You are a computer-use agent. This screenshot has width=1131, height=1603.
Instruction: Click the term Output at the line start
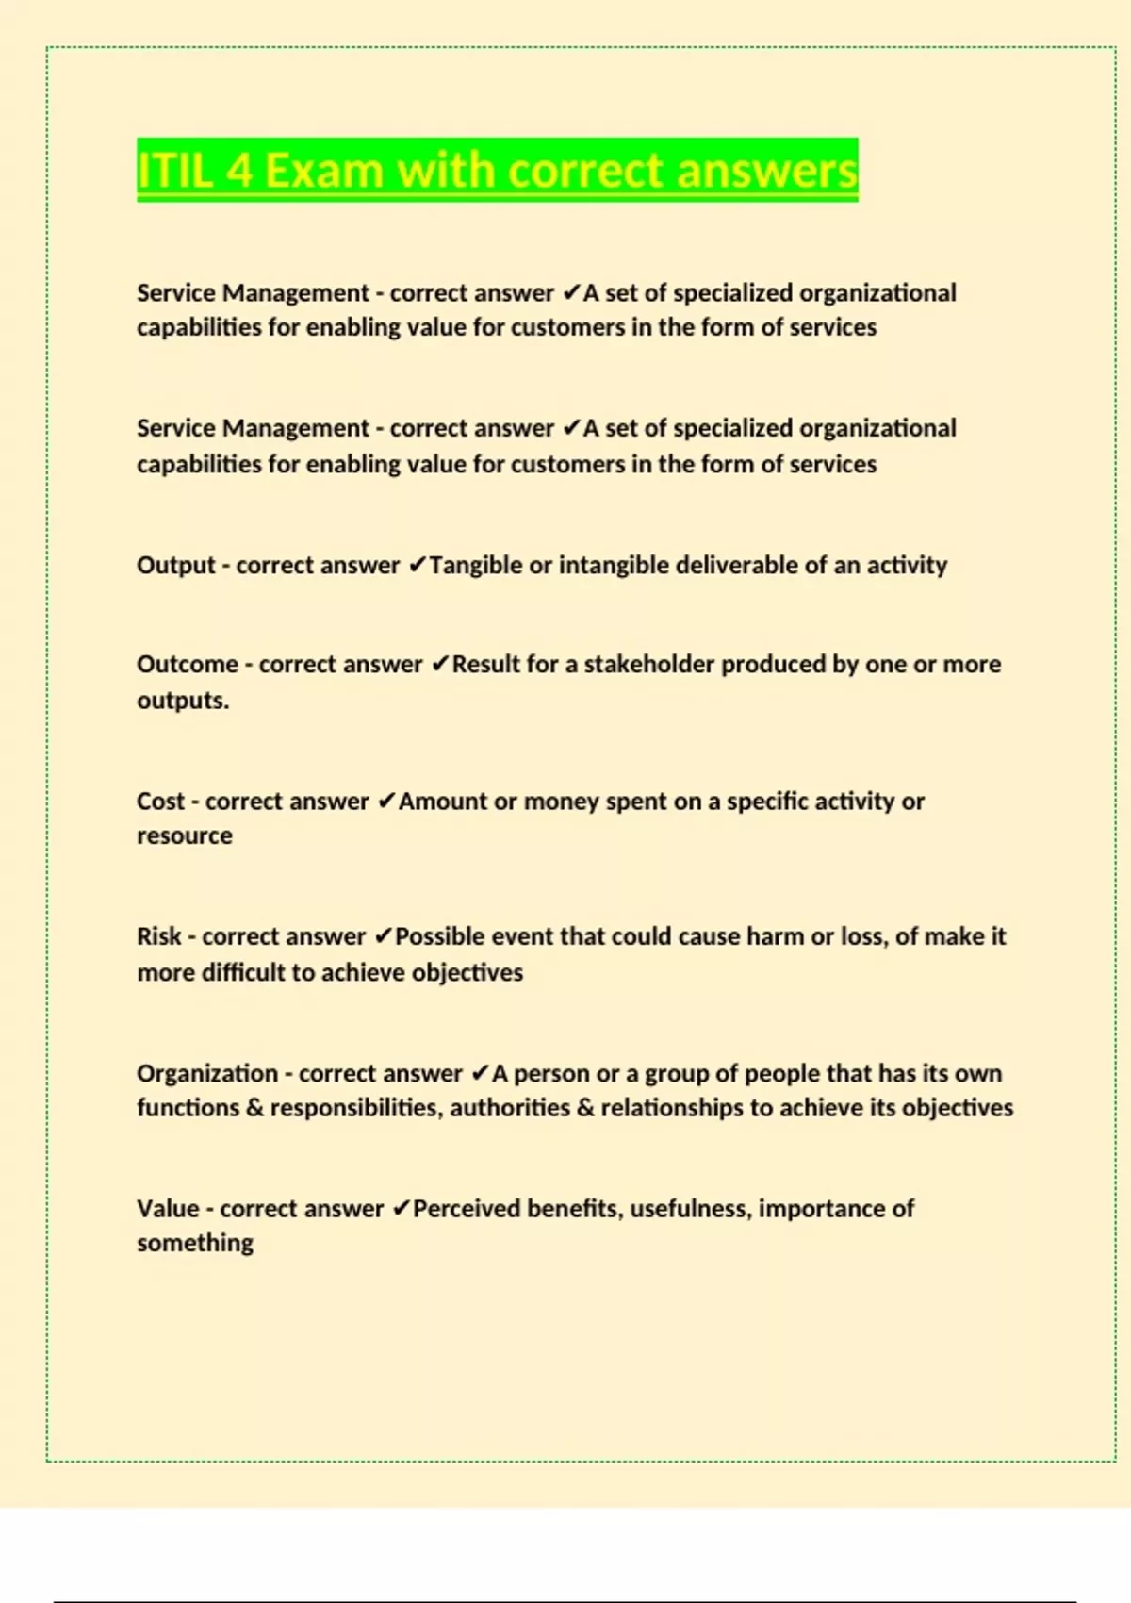pyautogui.click(x=176, y=566)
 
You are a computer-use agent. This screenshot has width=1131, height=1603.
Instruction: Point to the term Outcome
pyautogui.click(x=187, y=665)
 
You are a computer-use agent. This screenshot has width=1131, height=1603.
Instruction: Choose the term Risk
pyautogui.click(x=158, y=936)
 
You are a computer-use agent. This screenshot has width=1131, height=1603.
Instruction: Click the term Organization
pyautogui.click(x=207, y=1073)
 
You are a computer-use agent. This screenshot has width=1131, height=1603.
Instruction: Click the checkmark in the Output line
pyautogui.click(x=417, y=566)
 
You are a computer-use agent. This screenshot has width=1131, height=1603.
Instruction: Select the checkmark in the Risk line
pyautogui.click(x=383, y=936)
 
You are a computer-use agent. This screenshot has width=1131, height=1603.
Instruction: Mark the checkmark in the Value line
pyautogui.click(x=401, y=1209)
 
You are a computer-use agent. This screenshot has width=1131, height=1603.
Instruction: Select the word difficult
pyautogui.click(x=241, y=972)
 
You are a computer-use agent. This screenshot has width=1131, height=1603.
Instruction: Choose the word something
pyautogui.click(x=195, y=1244)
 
